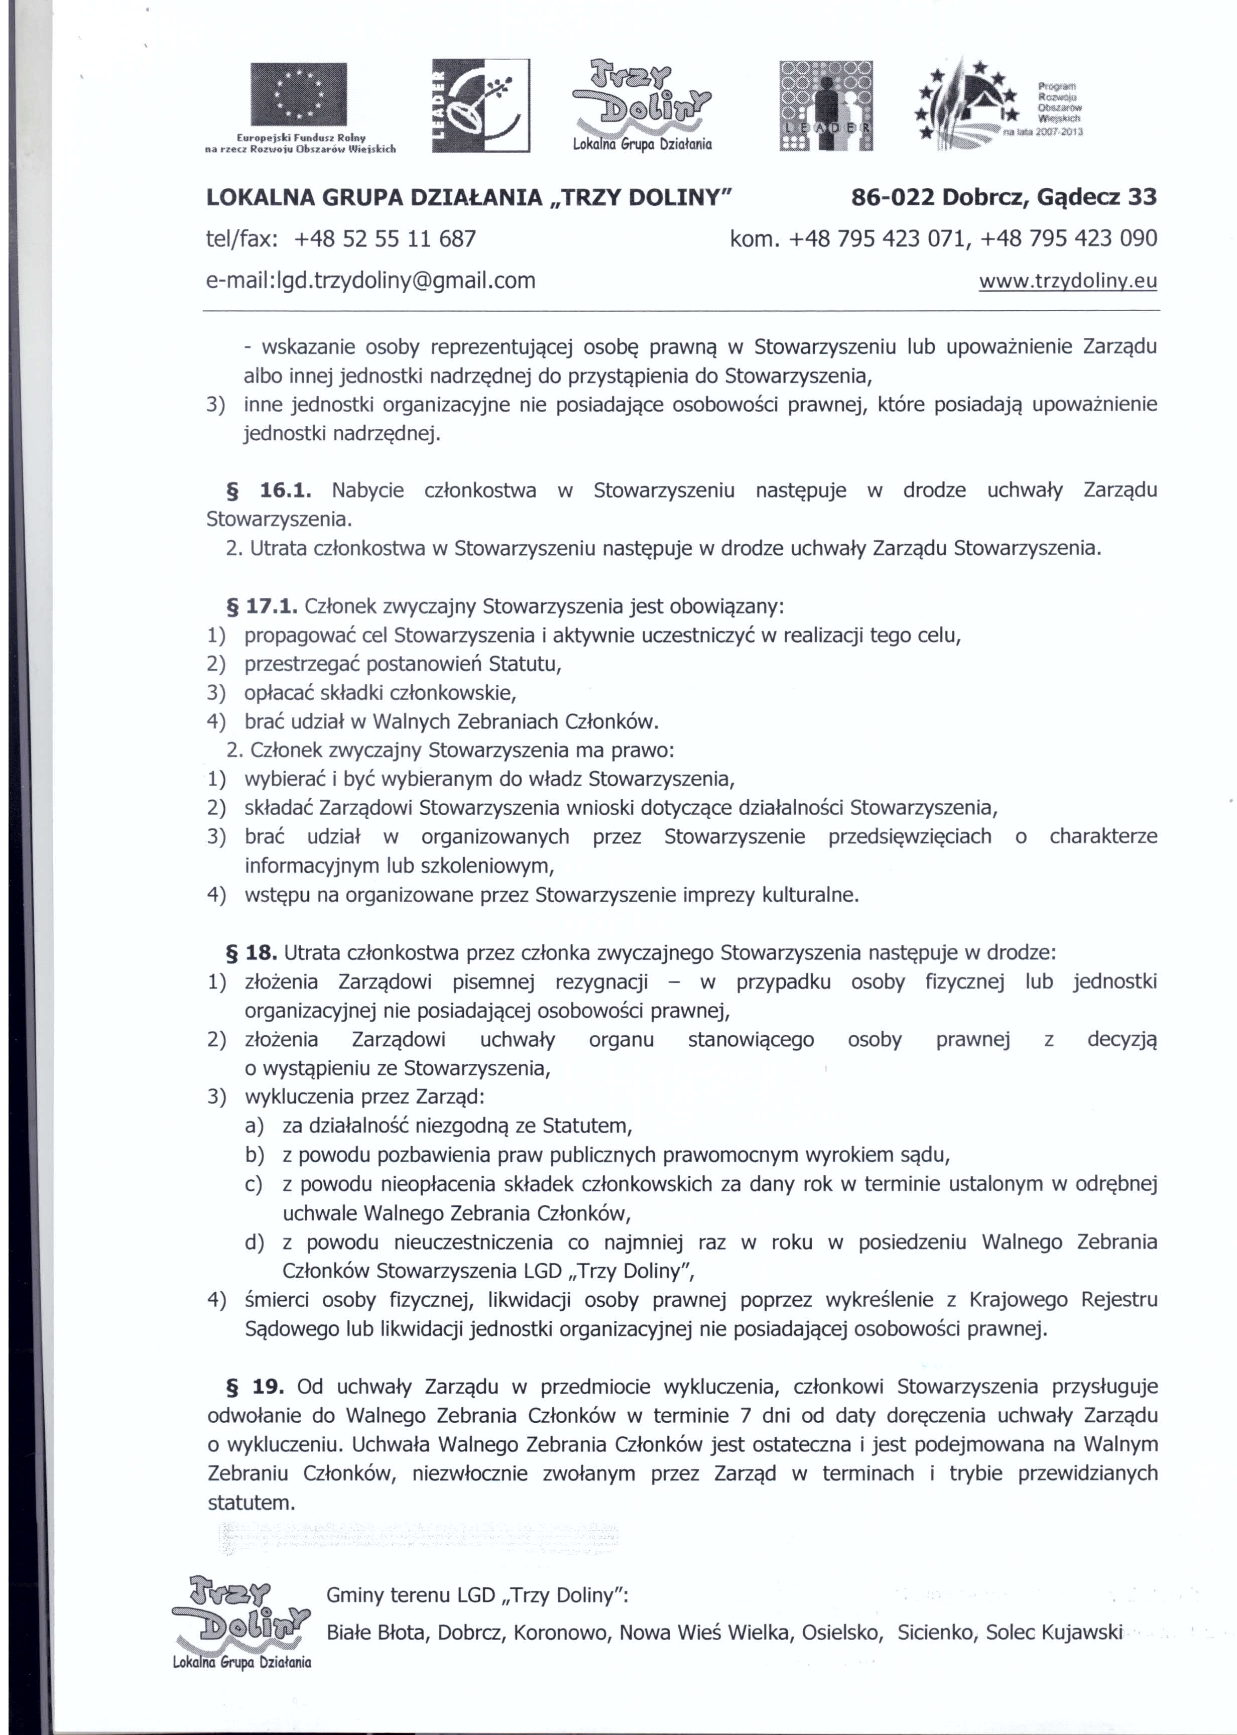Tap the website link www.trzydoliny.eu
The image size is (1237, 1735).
click(1067, 281)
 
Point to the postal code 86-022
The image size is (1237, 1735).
click(892, 197)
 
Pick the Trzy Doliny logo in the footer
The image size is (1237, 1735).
click(241, 1622)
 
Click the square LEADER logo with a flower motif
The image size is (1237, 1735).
click(480, 105)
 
